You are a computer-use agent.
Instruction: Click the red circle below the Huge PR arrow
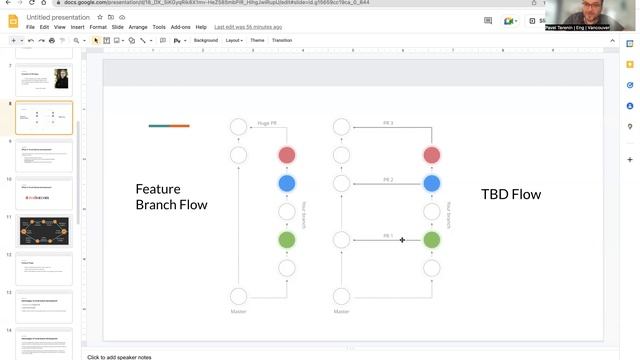click(x=287, y=155)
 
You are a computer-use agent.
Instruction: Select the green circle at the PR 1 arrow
click(x=431, y=240)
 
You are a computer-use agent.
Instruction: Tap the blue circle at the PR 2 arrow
click(x=431, y=183)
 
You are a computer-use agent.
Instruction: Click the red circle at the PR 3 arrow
click(x=431, y=155)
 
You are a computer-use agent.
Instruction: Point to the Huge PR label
click(x=267, y=123)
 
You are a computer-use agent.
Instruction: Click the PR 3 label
click(x=388, y=123)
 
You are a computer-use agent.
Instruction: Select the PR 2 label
click(x=388, y=179)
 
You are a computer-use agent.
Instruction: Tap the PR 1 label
click(x=388, y=236)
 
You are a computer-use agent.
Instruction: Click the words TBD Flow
click(x=510, y=194)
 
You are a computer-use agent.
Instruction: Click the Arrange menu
click(x=137, y=27)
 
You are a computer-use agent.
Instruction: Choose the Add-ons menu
click(x=181, y=27)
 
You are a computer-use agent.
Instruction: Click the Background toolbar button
click(x=205, y=40)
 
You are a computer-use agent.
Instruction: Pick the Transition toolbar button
click(x=282, y=40)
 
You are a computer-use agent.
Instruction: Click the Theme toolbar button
click(x=257, y=40)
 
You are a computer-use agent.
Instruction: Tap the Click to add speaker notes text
click(x=119, y=356)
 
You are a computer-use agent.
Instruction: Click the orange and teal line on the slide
click(x=169, y=126)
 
